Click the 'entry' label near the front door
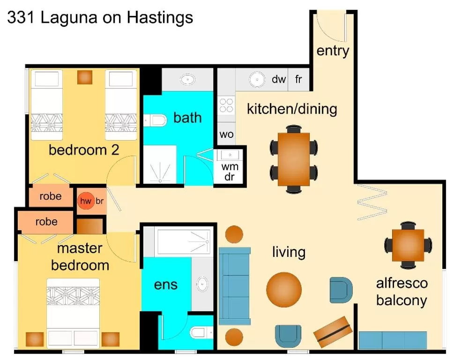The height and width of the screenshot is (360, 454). pyautogui.click(x=333, y=51)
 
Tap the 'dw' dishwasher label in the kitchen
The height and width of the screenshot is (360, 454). pyautogui.click(x=278, y=79)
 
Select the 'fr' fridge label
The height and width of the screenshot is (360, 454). pyautogui.click(x=298, y=79)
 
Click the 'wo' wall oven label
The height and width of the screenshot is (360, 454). pyautogui.click(x=226, y=135)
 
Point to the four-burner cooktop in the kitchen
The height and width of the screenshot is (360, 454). pyautogui.click(x=226, y=105)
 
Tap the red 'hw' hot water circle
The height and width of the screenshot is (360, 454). pyautogui.click(x=85, y=202)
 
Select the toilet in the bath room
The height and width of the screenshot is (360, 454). pyautogui.click(x=156, y=120)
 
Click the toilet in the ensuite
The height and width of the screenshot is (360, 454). pyautogui.click(x=201, y=333)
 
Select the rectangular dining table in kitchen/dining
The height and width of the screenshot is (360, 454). pyautogui.click(x=294, y=159)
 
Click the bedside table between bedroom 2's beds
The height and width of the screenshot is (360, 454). pyautogui.click(x=85, y=77)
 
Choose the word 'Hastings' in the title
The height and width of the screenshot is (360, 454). pyautogui.click(x=160, y=17)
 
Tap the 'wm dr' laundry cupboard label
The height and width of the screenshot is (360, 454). pyautogui.click(x=230, y=172)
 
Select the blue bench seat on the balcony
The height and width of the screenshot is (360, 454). pyautogui.click(x=393, y=339)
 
